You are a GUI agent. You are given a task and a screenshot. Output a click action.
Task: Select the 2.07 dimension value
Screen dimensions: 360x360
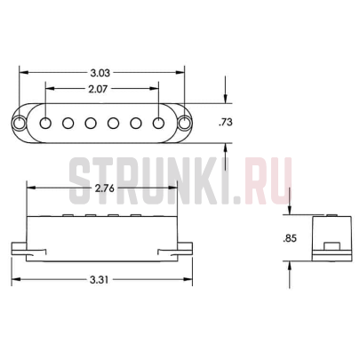100,90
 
